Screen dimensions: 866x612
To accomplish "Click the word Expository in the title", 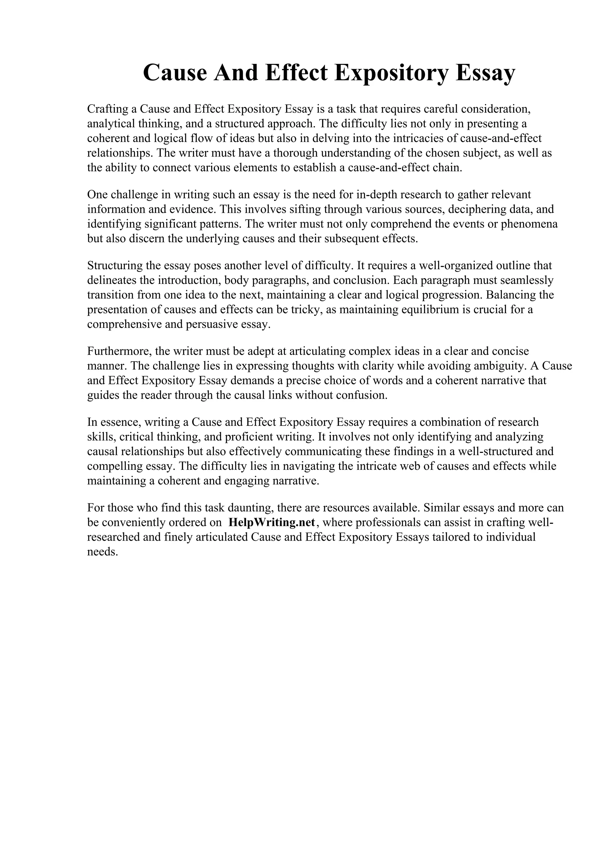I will point(391,73).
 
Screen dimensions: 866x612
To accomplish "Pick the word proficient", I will point(249,437).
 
